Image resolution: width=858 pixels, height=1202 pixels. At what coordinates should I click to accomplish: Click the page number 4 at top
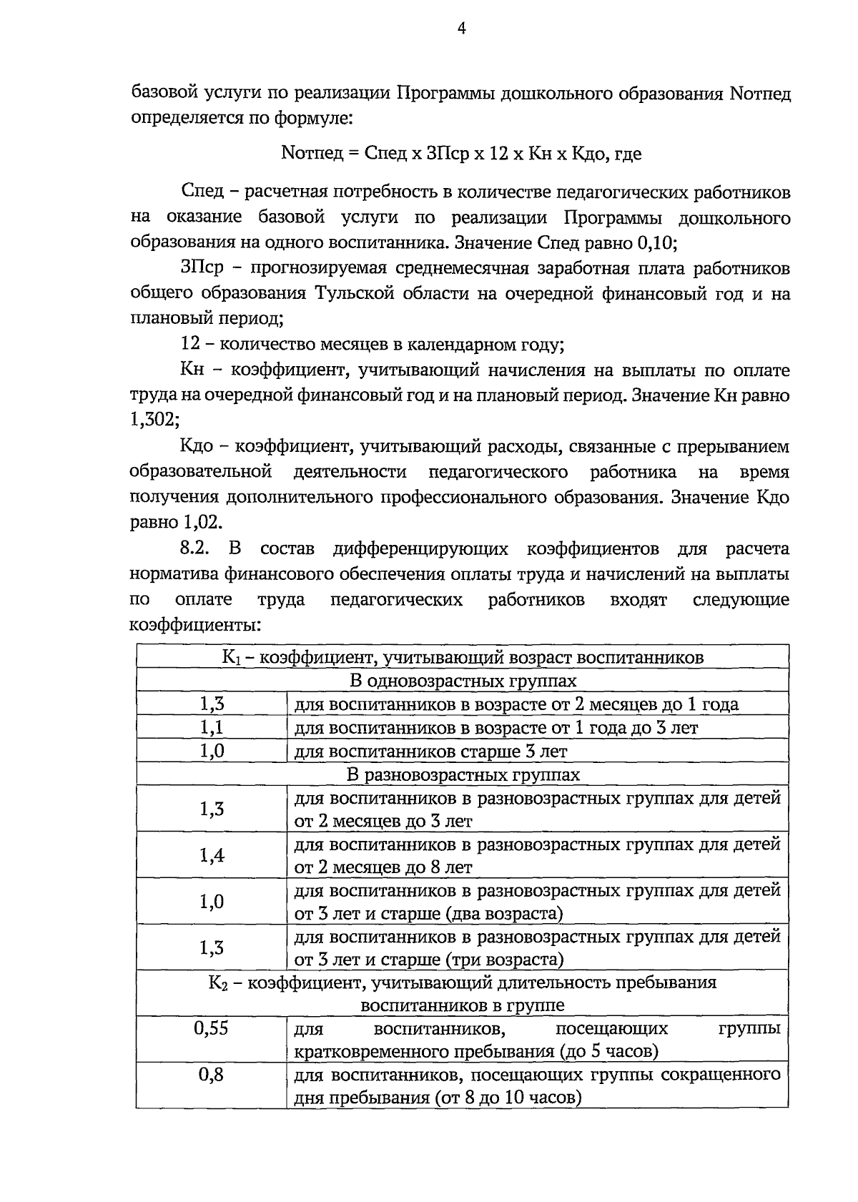[461, 28]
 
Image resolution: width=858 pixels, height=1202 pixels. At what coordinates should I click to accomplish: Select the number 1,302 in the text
[153, 420]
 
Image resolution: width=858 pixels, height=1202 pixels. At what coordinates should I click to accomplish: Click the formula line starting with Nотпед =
[461, 153]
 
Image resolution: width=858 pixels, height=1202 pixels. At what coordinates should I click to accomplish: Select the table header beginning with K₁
[463, 657]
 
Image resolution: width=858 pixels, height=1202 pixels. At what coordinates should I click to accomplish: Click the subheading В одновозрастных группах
[463, 681]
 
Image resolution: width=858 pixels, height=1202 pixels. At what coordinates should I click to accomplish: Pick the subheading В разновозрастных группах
[463, 774]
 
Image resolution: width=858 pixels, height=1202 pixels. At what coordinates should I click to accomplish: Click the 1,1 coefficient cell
[212, 728]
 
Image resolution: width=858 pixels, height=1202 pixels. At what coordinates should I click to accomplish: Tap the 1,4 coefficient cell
[212, 854]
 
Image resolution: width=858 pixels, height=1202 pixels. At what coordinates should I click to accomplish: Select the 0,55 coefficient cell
[211, 1029]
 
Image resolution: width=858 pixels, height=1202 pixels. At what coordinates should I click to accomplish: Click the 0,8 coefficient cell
[211, 1075]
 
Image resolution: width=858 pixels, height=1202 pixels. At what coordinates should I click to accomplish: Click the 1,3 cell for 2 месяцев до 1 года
[212, 704]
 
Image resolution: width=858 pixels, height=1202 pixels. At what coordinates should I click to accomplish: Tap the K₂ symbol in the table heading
[217, 983]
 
